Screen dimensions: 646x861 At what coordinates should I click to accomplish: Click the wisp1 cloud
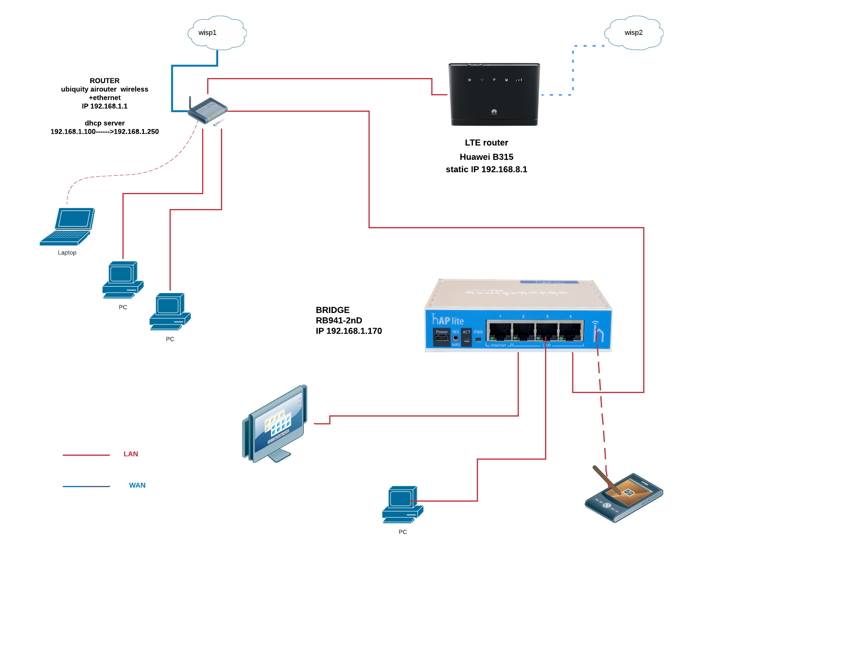(217, 33)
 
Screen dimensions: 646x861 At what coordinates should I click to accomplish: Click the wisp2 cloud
(634, 33)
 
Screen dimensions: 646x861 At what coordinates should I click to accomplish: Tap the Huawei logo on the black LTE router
(494, 112)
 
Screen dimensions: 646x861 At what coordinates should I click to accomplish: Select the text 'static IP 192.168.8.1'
(486, 169)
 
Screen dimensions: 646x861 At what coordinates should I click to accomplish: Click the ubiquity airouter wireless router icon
(207, 111)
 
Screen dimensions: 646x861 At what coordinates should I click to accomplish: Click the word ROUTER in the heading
(104, 81)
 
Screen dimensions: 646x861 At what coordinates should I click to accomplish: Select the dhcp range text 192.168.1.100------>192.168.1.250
(104, 132)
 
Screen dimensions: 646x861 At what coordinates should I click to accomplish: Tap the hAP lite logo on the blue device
(448, 320)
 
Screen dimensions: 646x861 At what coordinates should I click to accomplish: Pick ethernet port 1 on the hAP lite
(500, 331)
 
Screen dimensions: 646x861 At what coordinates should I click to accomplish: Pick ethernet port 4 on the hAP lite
(570, 331)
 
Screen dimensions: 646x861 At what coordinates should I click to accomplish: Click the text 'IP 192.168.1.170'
(348, 331)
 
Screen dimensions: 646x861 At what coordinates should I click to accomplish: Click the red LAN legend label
(131, 454)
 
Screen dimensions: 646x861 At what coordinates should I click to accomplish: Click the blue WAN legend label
(137, 486)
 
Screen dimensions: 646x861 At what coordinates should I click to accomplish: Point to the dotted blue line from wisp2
(573, 71)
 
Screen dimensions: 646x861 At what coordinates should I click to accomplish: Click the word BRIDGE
(332, 310)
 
